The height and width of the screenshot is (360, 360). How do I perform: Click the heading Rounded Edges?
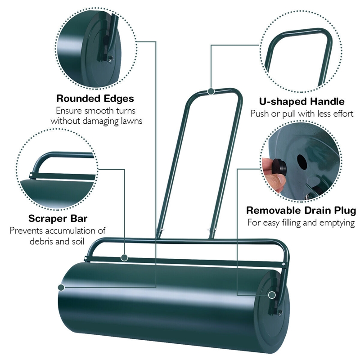(x=95, y=98)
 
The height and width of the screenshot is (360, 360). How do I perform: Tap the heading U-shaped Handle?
(x=302, y=102)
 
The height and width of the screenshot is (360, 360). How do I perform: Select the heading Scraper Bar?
(x=58, y=219)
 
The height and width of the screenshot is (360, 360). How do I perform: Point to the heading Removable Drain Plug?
(x=301, y=211)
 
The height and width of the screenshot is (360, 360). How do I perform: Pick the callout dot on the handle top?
(x=211, y=91)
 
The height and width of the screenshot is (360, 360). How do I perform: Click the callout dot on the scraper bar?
(x=124, y=258)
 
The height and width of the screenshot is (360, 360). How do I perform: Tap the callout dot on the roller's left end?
(x=61, y=287)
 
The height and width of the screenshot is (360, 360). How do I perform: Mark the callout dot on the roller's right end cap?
(x=272, y=295)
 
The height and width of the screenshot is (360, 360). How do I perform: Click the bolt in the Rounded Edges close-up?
(x=110, y=57)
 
